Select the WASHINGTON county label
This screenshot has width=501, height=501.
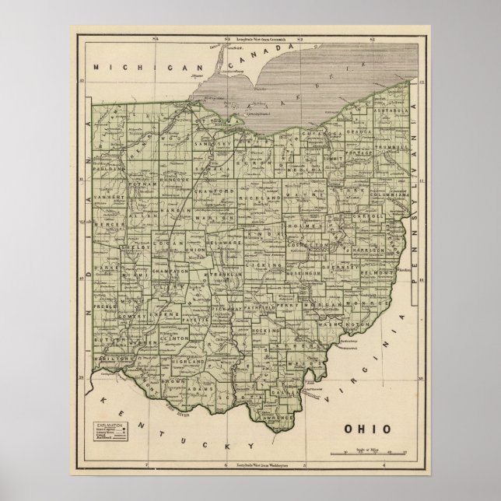(x=340, y=323)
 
